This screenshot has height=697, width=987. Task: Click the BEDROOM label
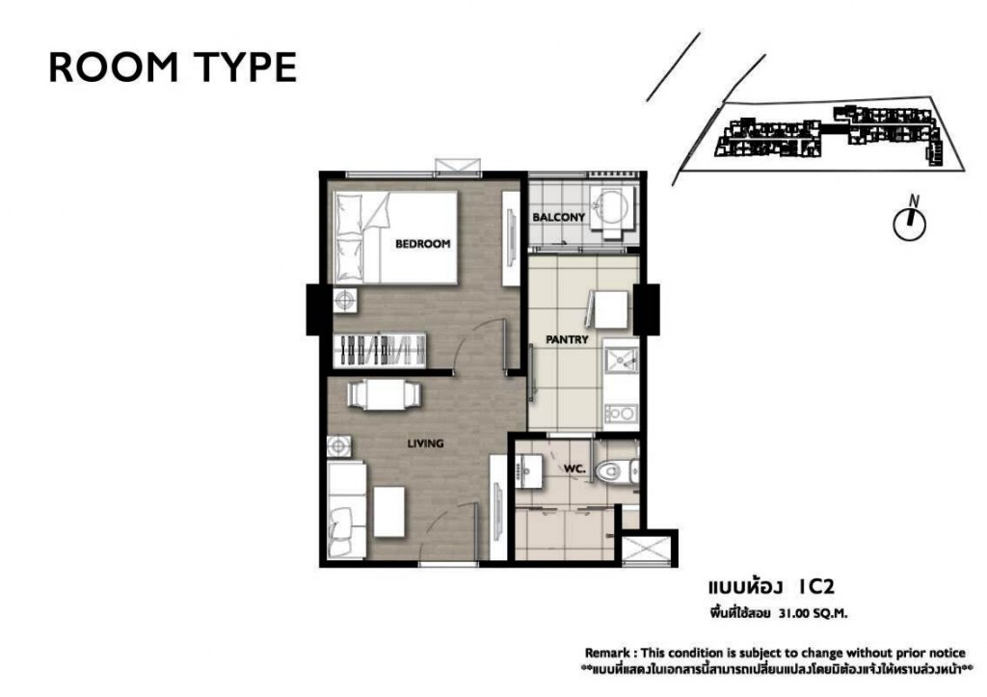click(x=422, y=244)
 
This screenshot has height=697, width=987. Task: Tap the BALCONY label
click(x=558, y=217)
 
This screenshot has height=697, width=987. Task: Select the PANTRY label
click(x=567, y=339)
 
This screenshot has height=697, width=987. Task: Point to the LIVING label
click(x=425, y=443)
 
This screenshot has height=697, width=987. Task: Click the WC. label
click(x=574, y=469)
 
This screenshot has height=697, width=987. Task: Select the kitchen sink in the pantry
click(x=620, y=360)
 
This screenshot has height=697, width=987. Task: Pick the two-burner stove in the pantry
click(x=621, y=413)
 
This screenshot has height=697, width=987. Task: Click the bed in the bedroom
click(x=395, y=237)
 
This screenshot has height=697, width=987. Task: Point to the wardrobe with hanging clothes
click(x=379, y=349)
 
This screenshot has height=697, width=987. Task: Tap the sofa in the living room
click(x=346, y=510)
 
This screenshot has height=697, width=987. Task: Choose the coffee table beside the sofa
click(x=389, y=511)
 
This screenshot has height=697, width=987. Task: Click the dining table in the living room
click(x=384, y=395)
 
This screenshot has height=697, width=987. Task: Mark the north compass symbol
click(x=910, y=221)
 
